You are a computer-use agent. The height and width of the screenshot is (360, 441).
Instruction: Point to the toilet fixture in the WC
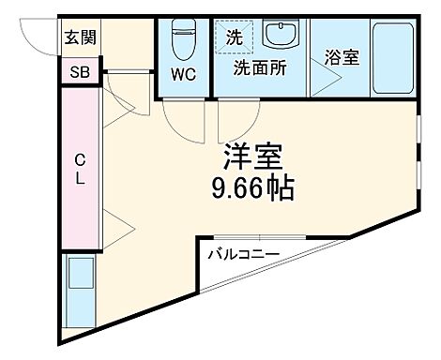(x=183, y=39)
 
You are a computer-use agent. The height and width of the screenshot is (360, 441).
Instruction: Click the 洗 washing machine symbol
(x=233, y=37)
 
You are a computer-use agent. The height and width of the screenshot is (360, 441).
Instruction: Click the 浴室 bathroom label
(x=342, y=57)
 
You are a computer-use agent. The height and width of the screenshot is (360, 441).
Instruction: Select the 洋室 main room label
(x=252, y=156)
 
